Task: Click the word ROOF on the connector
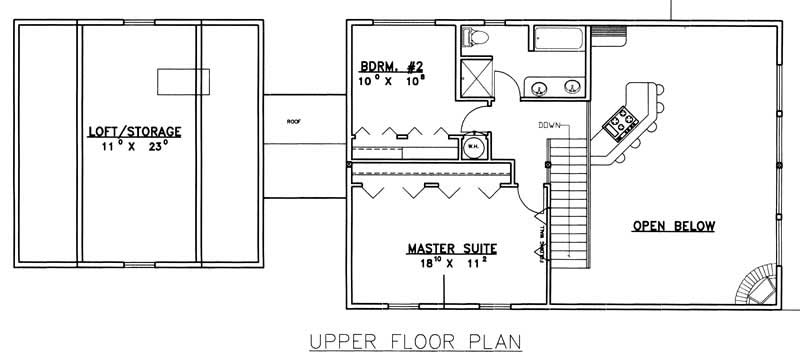294,121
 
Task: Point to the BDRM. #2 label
393,66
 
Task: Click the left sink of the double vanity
540,87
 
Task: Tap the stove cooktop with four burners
620,123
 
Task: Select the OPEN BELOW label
673,226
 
